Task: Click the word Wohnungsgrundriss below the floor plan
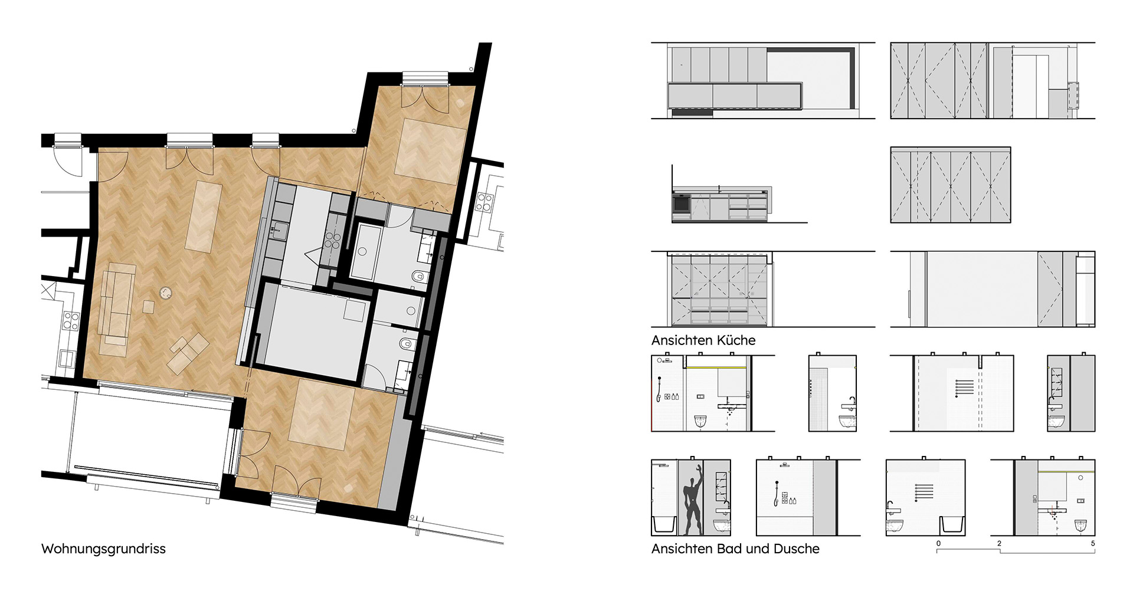click(x=103, y=549)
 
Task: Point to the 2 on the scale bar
click(x=999, y=543)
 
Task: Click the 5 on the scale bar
click(x=1093, y=543)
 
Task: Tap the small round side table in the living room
click(x=166, y=292)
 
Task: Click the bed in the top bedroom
click(x=430, y=148)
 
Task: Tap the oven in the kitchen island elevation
click(x=681, y=205)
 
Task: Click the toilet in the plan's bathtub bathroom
click(x=418, y=275)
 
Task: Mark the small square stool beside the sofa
click(x=149, y=307)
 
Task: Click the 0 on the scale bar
click(x=938, y=543)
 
